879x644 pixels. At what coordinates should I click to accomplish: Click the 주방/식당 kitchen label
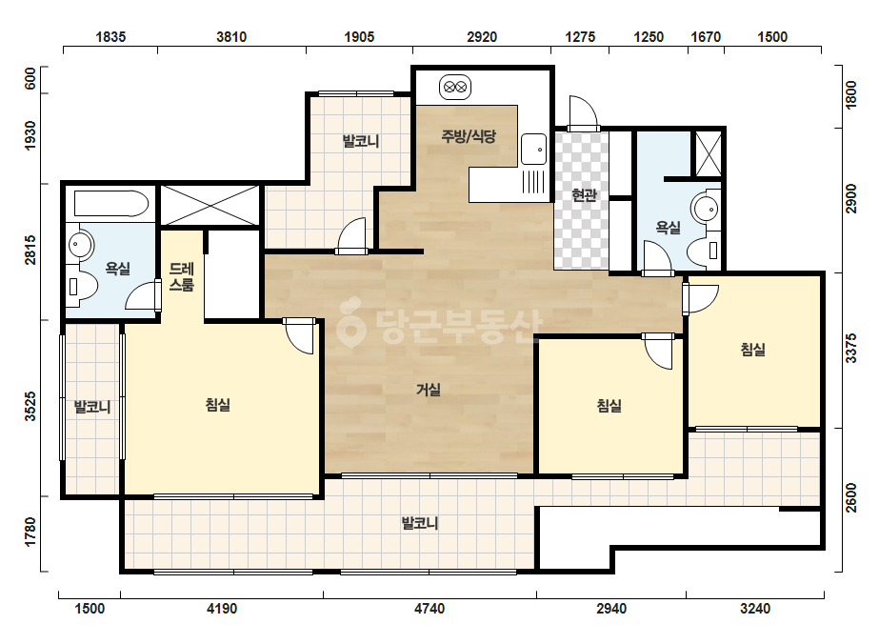[x=469, y=136]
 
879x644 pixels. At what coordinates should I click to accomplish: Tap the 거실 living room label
[x=429, y=390]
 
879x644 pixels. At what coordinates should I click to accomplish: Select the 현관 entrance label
[x=584, y=195]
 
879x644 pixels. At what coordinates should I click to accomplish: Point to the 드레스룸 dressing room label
[x=181, y=276]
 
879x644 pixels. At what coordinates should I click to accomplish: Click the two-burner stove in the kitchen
[x=455, y=88]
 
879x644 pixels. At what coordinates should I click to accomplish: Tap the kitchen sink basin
[x=533, y=149]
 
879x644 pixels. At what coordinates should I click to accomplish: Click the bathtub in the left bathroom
[x=111, y=203]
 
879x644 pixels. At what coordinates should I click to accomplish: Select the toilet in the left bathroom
[x=81, y=286]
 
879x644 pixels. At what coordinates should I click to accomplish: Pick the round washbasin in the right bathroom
[x=707, y=209]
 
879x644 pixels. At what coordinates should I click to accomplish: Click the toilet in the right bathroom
[x=704, y=251]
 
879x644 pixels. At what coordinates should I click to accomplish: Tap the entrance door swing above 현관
[x=583, y=112]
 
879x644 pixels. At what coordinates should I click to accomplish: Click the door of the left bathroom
[x=144, y=295]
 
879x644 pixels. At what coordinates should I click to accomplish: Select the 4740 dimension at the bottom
[x=429, y=608]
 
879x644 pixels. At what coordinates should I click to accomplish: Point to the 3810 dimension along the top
[x=231, y=37]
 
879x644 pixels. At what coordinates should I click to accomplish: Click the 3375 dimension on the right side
[x=851, y=349]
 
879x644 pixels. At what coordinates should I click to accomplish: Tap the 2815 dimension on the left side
[x=30, y=251]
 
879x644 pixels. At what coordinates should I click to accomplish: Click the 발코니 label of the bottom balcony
[x=419, y=523]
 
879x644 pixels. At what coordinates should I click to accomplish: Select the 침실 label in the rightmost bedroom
[x=753, y=350]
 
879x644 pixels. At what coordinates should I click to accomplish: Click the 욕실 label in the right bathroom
[x=669, y=227]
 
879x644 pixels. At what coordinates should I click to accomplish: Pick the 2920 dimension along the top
[x=482, y=37]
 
